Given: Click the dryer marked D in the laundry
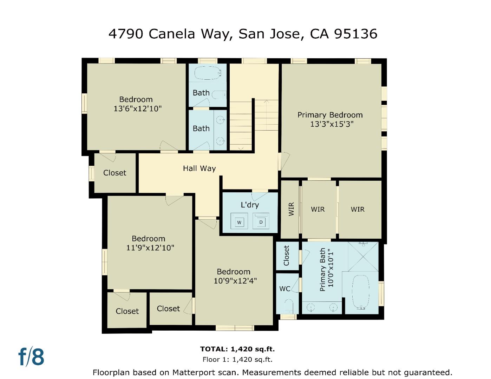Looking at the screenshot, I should click(261, 221).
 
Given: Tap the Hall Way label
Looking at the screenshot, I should click(199, 168).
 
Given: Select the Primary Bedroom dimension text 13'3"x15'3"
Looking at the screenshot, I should click(332, 124).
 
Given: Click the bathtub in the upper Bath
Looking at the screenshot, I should click(208, 73).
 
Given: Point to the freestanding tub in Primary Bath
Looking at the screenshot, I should click(361, 292).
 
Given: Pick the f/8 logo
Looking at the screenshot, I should click(31, 357).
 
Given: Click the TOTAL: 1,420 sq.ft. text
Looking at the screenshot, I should click(237, 349).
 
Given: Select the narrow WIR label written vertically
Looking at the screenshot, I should click(291, 209).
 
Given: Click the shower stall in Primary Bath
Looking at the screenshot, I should click(363, 256).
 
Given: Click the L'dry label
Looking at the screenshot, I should click(250, 205).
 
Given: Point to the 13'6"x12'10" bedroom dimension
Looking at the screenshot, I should click(137, 108).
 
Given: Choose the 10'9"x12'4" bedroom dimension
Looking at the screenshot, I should click(235, 281).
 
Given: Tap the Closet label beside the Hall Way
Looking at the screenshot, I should click(114, 173).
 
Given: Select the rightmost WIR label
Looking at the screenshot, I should click(358, 209).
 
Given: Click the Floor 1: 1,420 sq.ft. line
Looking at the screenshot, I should click(237, 359).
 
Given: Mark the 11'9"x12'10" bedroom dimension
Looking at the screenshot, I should click(150, 248).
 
